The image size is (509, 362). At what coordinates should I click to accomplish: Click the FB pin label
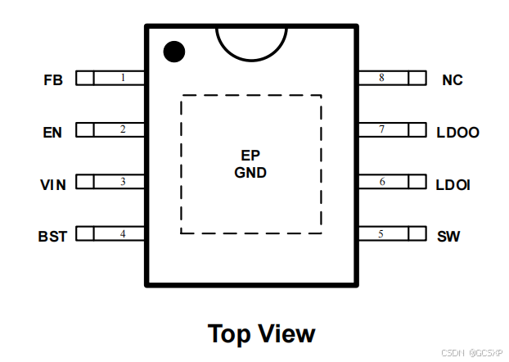(54, 80)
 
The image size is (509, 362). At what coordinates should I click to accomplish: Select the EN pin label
(52, 132)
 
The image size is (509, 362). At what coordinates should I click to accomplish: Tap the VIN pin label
(52, 184)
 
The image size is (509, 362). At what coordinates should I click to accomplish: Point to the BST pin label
(52, 237)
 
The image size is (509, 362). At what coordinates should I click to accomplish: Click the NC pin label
(452, 80)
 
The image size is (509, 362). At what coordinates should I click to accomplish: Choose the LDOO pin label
(458, 132)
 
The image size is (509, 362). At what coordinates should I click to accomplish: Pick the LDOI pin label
(453, 184)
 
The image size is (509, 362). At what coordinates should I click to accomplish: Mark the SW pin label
(448, 237)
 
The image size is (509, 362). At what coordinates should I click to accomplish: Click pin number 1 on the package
(123, 78)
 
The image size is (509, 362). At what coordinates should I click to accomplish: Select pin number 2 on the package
(123, 129)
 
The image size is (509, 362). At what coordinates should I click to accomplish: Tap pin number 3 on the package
(123, 182)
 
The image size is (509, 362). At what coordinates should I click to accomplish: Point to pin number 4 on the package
(123, 234)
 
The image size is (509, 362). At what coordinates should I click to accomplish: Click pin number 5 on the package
(381, 234)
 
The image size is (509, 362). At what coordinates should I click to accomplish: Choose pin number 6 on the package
(381, 182)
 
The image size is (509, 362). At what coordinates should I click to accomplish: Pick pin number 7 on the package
(381, 129)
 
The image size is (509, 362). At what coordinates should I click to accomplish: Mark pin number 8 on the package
(381, 78)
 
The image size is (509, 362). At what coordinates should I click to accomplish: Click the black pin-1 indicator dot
(173, 52)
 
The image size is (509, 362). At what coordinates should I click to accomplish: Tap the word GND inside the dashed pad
(250, 174)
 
